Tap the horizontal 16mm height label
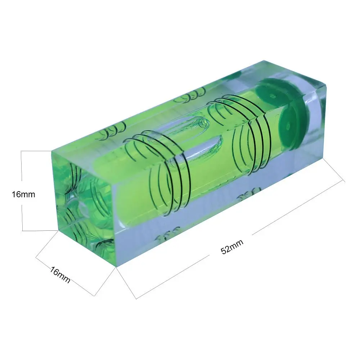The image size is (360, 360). point(23,194)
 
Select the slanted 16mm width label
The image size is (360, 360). point(60,275)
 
